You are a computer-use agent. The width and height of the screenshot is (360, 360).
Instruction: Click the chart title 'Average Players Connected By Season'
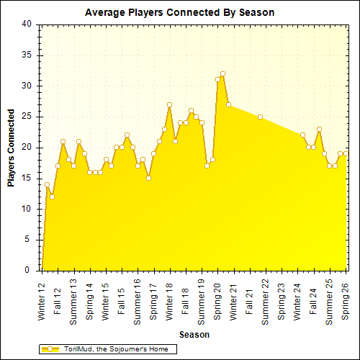tap(179, 12)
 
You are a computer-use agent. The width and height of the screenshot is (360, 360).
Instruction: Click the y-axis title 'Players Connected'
tap(12, 148)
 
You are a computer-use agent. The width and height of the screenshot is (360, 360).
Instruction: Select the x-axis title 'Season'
tap(194, 334)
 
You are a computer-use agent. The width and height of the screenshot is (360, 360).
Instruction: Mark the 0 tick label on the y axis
tap(28, 271)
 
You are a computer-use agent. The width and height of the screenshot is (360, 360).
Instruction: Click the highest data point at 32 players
tap(222, 73)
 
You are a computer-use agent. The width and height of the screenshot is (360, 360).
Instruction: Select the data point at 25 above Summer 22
tap(260, 117)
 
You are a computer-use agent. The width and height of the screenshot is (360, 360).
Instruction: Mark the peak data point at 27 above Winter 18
tap(169, 104)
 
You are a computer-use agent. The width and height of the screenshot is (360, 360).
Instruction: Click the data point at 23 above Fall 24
tap(319, 129)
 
